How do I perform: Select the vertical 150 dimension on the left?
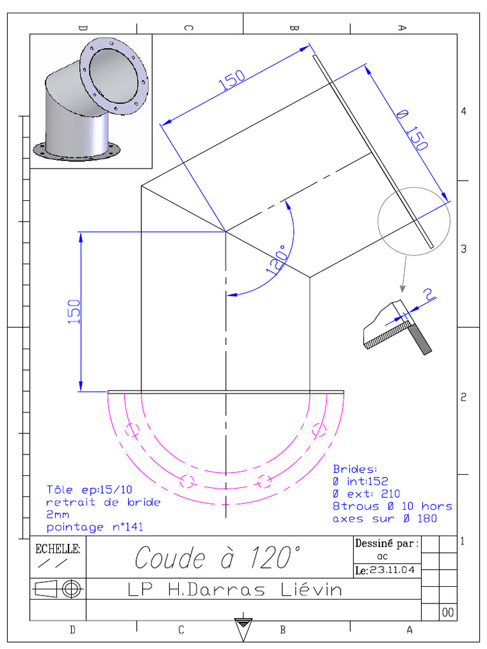[74, 311]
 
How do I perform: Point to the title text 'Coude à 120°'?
[216, 558]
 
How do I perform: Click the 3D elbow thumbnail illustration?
[91, 101]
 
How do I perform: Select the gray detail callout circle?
[413, 221]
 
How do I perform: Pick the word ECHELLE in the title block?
[58, 549]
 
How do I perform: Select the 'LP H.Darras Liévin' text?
[234, 590]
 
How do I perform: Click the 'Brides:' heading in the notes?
[355, 469]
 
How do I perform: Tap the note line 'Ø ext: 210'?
[367, 493]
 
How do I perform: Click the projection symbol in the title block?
[58, 589]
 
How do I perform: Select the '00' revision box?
[448, 612]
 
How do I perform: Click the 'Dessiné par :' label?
[386, 543]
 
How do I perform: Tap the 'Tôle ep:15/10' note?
[89, 489]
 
